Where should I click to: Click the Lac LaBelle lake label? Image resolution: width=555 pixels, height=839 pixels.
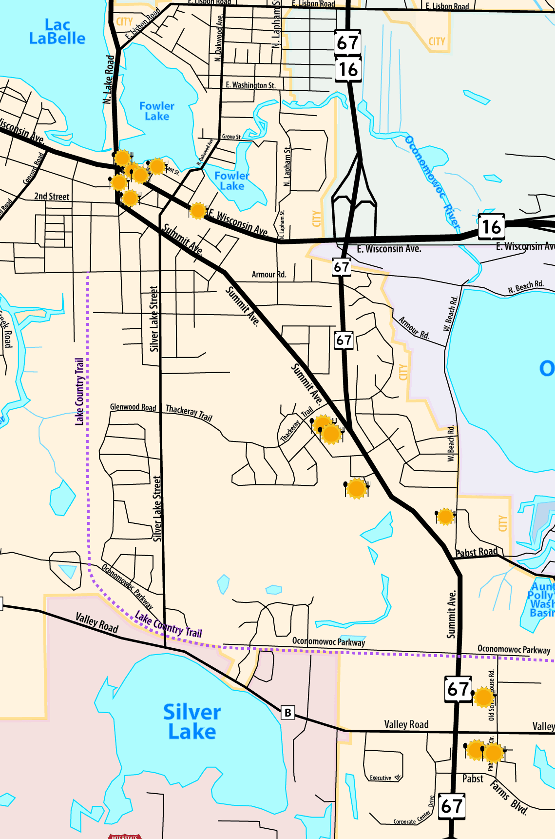(x=57, y=32)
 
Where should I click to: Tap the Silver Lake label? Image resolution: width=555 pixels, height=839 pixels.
(x=192, y=722)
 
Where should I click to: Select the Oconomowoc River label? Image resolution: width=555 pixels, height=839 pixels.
(x=432, y=182)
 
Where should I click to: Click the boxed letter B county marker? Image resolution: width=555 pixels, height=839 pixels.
(x=288, y=713)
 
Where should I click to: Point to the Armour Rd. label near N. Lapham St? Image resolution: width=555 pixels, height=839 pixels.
(x=268, y=275)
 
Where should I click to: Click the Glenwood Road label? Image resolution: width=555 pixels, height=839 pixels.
(x=133, y=407)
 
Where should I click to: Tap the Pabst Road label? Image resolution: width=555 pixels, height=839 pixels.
(x=477, y=552)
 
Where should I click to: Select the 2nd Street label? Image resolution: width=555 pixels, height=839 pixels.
(x=52, y=197)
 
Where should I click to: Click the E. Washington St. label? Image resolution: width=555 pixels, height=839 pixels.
(x=250, y=85)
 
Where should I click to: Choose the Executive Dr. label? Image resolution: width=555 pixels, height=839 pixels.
(x=385, y=778)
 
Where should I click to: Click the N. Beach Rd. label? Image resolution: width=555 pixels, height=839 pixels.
(x=525, y=287)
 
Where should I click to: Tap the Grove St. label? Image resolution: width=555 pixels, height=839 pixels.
(x=231, y=137)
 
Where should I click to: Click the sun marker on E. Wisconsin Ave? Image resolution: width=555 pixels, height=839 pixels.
(x=197, y=211)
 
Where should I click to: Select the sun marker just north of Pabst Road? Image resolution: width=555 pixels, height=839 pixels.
(x=445, y=516)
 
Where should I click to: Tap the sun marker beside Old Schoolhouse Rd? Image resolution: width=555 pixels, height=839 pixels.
(x=483, y=697)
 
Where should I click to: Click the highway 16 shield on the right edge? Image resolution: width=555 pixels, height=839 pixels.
(x=491, y=227)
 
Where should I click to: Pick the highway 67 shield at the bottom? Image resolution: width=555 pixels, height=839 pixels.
(x=452, y=806)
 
